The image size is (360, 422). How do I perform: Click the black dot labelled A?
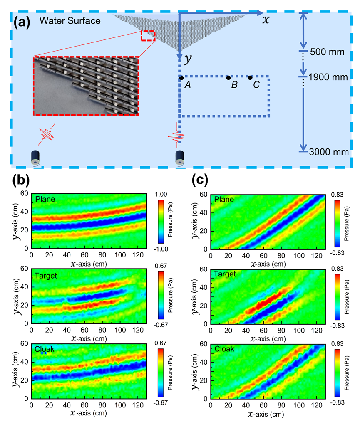tap(182, 78)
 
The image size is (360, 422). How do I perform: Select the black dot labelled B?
tap(228, 78)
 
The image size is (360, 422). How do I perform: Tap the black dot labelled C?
tap(250, 78)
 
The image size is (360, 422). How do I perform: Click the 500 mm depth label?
tap(328, 52)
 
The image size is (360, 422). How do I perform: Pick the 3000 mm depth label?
tap(329, 153)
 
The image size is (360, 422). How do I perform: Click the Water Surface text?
tap(70, 21)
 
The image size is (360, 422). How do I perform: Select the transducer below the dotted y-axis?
tap(180, 157)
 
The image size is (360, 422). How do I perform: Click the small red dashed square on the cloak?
tap(148, 36)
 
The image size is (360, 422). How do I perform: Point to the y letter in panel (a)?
tap(188, 59)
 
